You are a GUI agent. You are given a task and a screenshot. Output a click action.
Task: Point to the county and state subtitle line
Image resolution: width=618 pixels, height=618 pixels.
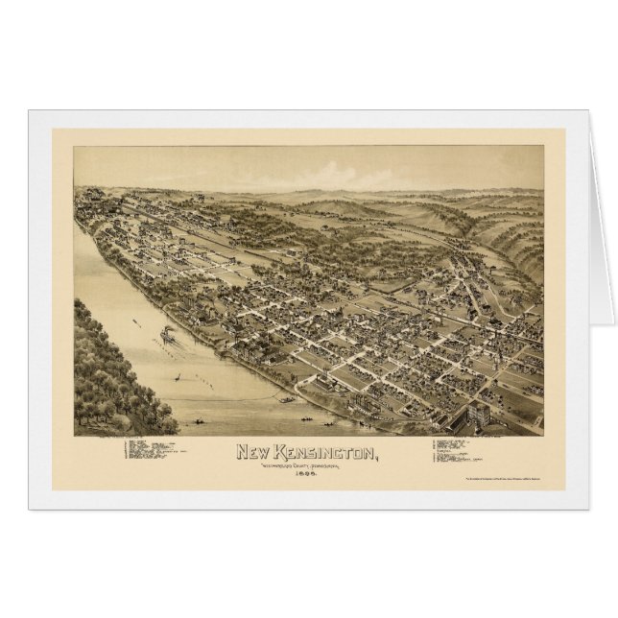point(307,465)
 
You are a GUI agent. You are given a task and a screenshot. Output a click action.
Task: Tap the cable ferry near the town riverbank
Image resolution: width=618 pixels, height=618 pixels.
point(286,396)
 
